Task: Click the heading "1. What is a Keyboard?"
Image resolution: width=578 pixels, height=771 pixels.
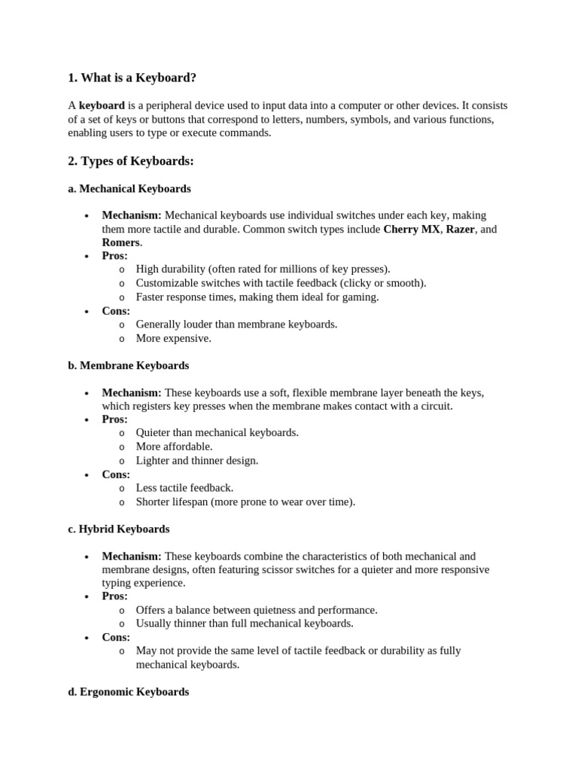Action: [x=137, y=78]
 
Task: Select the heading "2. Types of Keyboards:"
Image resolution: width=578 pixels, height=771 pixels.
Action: [x=131, y=161]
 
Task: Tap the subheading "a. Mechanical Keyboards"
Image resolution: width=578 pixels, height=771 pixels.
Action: [x=129, y=189]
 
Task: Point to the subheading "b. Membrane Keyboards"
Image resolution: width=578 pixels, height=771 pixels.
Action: [x=129, y=366]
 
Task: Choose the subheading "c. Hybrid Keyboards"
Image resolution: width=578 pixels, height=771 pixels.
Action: [x=119, y=529]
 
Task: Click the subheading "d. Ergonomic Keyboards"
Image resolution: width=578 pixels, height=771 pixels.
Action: [x=129, y=692]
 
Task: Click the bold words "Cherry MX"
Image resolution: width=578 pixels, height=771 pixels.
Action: [x=411, y=229]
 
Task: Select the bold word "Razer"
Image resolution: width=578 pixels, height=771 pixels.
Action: [x=461, y=229]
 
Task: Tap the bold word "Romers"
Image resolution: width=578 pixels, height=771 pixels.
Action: [x=121, y=242]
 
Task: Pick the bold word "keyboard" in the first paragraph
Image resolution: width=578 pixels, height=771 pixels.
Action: [x=102, y=106]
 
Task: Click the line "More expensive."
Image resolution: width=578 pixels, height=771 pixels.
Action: [x=174, y=338]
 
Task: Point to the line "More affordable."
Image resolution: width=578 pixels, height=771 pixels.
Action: [x=175, y=446]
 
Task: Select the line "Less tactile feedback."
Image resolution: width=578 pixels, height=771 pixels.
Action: [x=184, y=488]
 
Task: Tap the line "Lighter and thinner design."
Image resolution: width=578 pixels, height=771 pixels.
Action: [x=197, y=460]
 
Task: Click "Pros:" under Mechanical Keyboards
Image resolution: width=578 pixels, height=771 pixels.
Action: [x=115, y=256]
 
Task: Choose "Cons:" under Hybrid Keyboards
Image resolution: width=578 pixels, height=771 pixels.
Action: [x=116, y=637]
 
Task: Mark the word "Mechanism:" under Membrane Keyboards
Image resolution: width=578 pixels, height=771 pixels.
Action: [x=132, y=392]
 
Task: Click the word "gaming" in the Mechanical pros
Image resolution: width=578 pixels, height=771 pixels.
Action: [x=361, y=297]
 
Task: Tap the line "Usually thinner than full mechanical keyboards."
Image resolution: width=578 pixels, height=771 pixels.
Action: [x=245, y=623]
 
